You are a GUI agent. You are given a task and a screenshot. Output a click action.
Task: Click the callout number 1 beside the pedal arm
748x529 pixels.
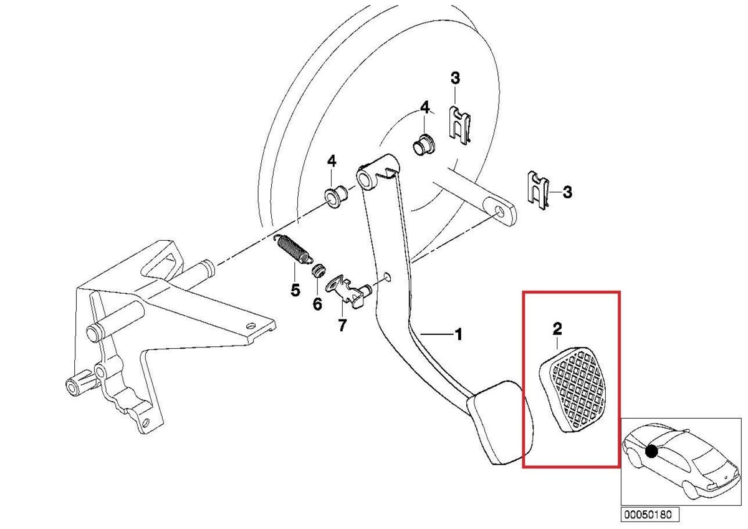click(458, 334)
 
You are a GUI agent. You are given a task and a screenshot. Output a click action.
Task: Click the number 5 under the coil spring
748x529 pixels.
click(295, 290)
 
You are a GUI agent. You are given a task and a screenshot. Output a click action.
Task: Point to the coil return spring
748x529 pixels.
click(293, 249)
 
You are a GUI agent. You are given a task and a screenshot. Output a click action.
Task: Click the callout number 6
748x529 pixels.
click(317, 304)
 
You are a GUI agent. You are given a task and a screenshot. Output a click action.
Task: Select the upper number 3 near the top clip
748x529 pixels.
click(455, 79)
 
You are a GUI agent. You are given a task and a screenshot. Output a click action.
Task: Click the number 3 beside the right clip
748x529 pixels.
click(567, 192)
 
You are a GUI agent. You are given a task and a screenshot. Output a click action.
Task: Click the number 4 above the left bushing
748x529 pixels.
click(332, 162)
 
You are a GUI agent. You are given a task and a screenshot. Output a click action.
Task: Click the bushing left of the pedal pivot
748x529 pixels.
click(338, 197)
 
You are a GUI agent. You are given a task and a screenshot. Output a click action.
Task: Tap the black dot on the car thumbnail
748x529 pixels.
click(652, 450)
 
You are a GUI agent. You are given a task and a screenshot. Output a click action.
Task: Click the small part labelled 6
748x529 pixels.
click(320, 271)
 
